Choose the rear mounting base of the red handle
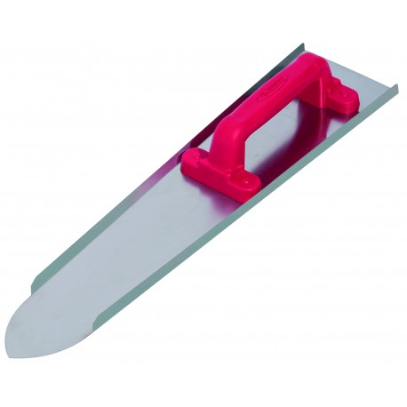click(331, 91)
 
